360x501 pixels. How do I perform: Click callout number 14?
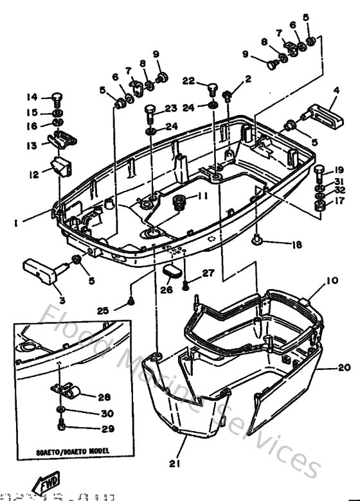pyautogui.click(x=32, y=97)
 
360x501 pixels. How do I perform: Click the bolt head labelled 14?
pyautogui.click(x=56, y=98)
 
